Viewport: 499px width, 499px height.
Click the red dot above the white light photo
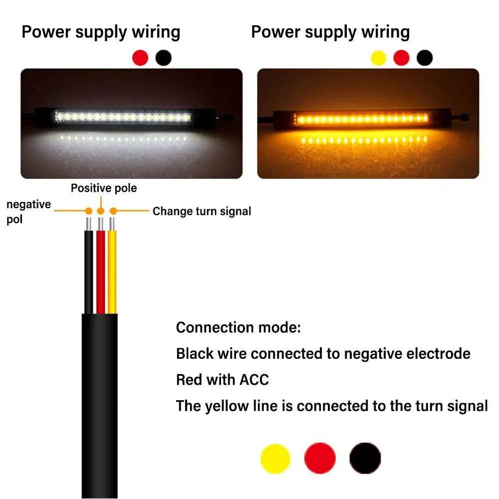[x=140, y=57]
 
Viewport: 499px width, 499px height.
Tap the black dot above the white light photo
[x=164, y=57]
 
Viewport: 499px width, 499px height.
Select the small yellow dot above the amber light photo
[x=379, y=58]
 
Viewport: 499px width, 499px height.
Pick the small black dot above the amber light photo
[x=425, y=58]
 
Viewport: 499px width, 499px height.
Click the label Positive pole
[x=104, y=188]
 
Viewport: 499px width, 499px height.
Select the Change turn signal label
[x=202, y=211]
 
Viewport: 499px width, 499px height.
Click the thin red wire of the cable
[x=101, y=269]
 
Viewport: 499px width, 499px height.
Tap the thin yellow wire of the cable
[x=113, y=269]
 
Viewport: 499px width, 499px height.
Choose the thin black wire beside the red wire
[x=89, y=269]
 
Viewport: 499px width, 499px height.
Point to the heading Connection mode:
[x=239, y=328]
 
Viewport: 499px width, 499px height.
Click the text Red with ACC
[x=223, y=380]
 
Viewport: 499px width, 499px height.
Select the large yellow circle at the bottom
[x=275, y=459]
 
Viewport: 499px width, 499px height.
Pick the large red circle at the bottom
[x=320, y=459]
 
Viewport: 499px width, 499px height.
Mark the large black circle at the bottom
[x=365, y=459]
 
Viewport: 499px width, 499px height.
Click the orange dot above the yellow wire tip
[x=113, y=211]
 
